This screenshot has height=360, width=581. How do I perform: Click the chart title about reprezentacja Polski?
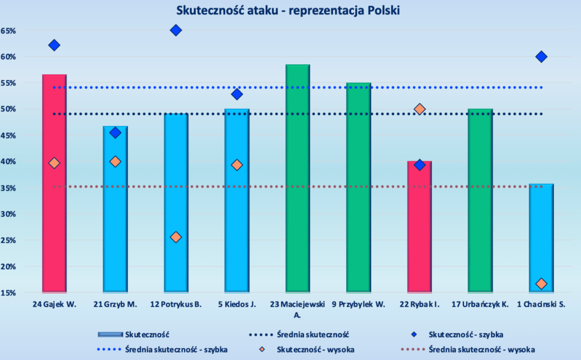pyautogui.click(x=288, y=10)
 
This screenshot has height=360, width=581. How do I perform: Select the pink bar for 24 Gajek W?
pyautogui.click(x=54, y=183)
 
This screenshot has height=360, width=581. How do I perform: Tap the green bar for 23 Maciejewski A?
pyautogui.click(x=297, y=178)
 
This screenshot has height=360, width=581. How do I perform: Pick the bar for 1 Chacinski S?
pyautogui.click(x=541, y=238)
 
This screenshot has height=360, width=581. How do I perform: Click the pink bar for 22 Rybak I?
pyautogui.click(x=419, y=227)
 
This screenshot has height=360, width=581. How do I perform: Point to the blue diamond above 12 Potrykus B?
pyautogui.click(x=176, y=30)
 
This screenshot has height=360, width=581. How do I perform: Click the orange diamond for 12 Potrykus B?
pyautogui.click(x=176, y=237)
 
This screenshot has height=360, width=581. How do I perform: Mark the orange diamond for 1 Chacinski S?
pyautogui.click(x=541, y=283)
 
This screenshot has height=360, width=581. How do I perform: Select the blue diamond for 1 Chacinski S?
pyautogui.click(x=541, y=57)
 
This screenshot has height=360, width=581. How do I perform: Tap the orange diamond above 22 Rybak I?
pyautogui.click(x=419, y=109)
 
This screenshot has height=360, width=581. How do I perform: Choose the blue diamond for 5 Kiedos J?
pyautogui.click(x=237, y=94)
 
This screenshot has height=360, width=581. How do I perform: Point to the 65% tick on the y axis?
pyautogui.click(x=8, y=31)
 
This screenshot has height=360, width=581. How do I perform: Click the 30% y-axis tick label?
pyautogui.click(x=8, y=214)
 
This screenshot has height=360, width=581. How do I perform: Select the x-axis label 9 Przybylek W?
pyautogui.click(x=359, y=304)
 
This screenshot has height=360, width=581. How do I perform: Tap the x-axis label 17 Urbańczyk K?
pyautogui.click(x=480, y=304)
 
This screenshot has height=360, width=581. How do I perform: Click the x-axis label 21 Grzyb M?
pyautogui.click(x=115, y=304)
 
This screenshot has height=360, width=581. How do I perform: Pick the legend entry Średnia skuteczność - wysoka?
pyautogui.click(x=468, y=350)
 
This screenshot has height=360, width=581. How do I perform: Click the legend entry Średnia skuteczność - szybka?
pyautogui.click(x=162, y=350)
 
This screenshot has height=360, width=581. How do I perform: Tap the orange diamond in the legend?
pyautogui.click(x=262, y=350)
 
